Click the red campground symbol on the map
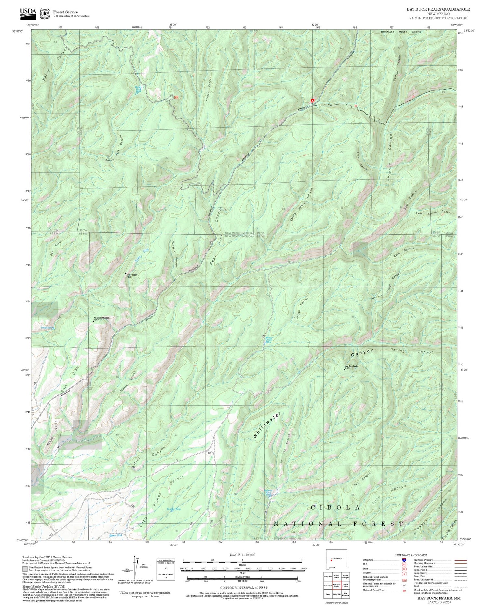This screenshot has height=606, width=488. click(x=312, y=101)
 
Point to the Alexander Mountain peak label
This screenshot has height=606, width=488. click(x=101, y=318)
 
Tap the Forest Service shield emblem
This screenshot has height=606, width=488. click(x=44, y=14)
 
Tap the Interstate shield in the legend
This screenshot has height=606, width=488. click(x=404, y=560)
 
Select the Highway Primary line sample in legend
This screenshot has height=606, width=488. click(x=459, y=560)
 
